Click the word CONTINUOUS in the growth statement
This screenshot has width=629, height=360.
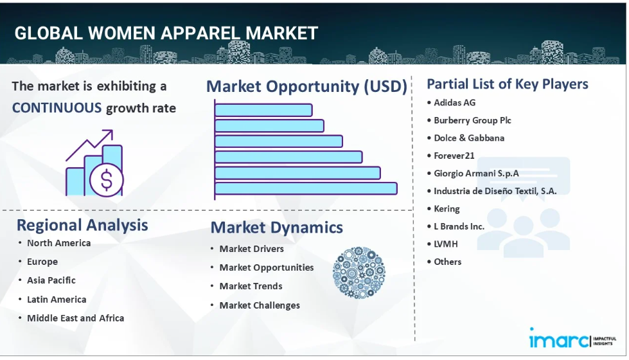click(57, 108)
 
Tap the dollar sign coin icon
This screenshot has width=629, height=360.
click(106, 180)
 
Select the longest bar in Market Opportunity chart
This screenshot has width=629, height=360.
click(306, 188)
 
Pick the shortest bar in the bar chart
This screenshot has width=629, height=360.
click(263, 110)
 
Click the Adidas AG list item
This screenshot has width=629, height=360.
click(454, 103)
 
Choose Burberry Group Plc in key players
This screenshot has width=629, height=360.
click(472, 120)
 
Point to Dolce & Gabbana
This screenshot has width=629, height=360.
click(469, 138)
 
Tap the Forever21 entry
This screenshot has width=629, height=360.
click(454, 156)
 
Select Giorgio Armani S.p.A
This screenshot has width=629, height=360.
click(476, 174)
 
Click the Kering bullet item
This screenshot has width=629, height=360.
click(447, 209)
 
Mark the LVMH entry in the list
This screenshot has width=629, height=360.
click(446, 244)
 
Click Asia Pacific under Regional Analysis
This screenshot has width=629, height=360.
click(51, 280)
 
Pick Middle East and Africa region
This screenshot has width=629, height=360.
click(75, 318)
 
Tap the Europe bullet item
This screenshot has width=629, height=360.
click(42, 262)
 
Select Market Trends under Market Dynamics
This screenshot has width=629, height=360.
click(251, 286)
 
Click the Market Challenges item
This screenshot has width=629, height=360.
click(260, 305)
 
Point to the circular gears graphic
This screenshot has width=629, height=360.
click(359, 273)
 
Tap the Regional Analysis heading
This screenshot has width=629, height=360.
click(82, 225)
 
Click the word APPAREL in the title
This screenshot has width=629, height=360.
click(200, 33)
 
